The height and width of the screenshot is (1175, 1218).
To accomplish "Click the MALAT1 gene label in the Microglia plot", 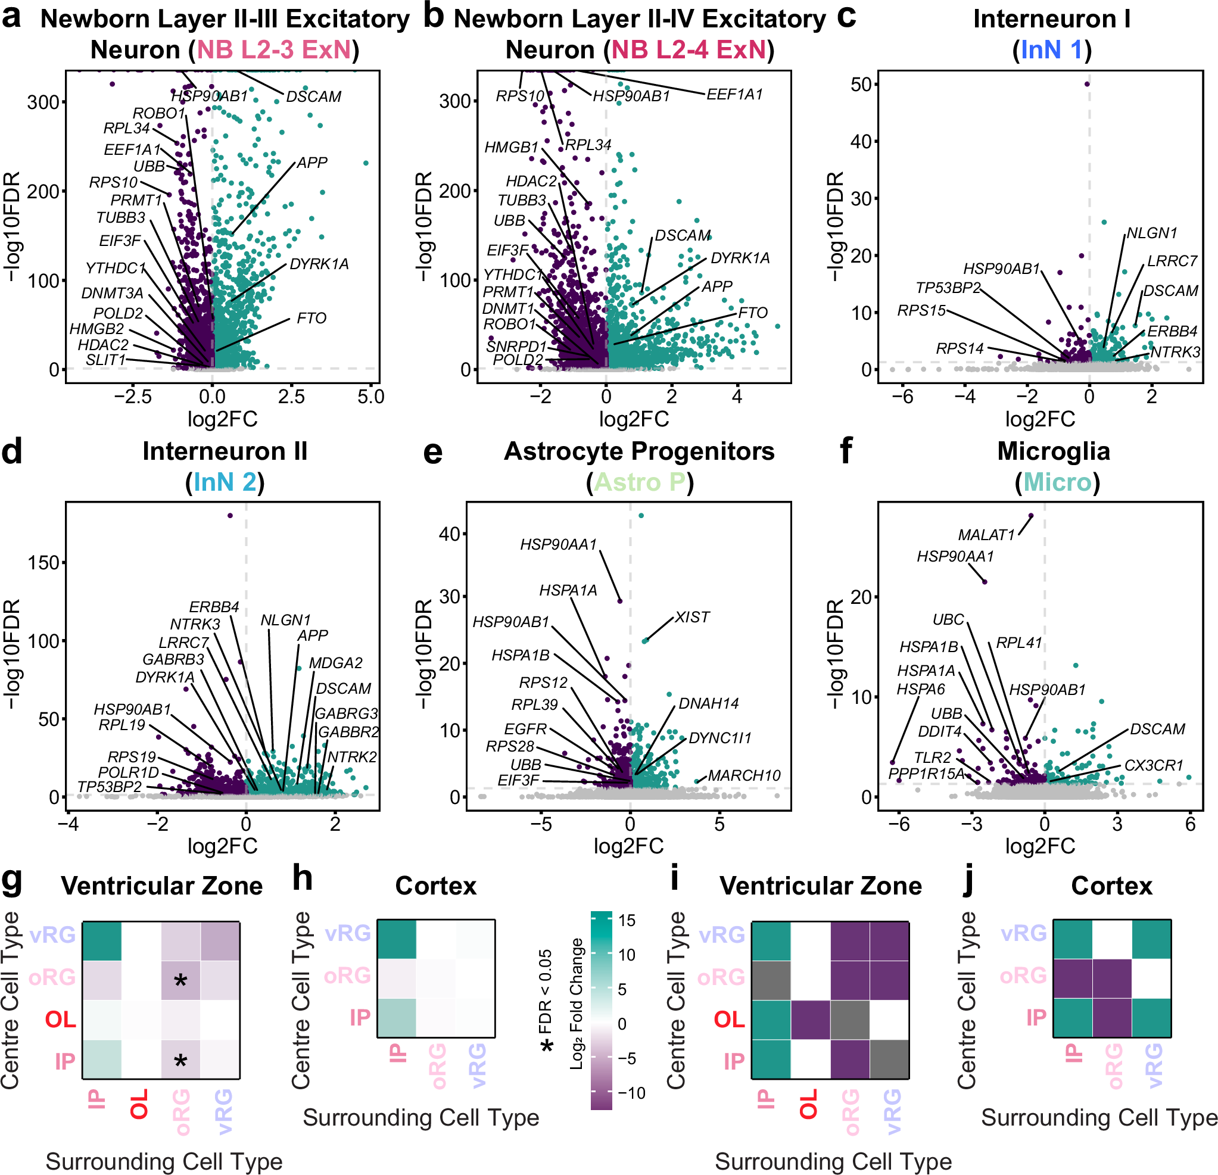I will pos(986,535).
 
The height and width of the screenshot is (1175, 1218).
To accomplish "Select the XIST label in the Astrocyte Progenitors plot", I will pos(691,617).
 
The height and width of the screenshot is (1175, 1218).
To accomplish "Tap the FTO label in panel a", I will pos(311,318).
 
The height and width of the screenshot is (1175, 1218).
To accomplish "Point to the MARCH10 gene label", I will pos(744,775).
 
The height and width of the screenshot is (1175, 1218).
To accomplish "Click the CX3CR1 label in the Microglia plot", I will pos(1153,765).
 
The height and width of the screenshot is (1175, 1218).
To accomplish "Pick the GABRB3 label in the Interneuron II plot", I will pos(173,659).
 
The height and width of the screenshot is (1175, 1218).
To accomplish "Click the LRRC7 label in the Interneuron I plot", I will pos(1172,261).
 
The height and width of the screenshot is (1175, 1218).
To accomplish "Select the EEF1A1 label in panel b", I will pos(734,95).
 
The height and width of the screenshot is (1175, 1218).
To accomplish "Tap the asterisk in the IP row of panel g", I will pos(180,1061).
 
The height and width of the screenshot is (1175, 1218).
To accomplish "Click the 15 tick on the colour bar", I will pos(627,920).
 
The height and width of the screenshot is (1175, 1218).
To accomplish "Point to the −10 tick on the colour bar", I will pos(631,1092).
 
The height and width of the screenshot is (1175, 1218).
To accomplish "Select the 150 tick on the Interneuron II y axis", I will pos(43,563).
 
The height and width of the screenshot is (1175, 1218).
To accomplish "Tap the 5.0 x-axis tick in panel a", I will pos(371,397).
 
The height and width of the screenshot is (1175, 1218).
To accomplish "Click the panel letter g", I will pos(13,880).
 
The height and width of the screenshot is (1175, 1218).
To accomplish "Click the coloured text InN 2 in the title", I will pos(225,482).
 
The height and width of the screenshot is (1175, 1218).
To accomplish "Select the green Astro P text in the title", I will pos(640,482).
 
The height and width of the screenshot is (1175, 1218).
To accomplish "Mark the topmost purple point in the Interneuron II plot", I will pos(230,516).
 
